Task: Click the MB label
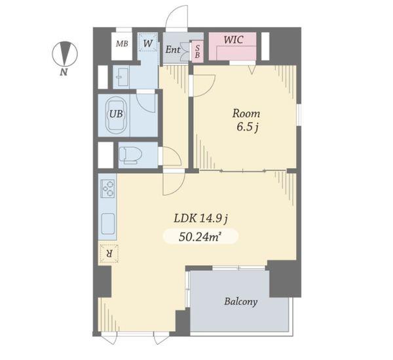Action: tap(122, 44)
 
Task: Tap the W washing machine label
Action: tap(148, 43)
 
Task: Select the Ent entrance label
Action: tap(173, 49)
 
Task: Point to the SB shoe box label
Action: tap(198, 51)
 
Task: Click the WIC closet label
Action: tap(233, 39)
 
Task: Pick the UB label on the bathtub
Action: tap(117, 114)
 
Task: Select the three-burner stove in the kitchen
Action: tap(108, 188)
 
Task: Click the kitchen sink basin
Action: tap(108, 223)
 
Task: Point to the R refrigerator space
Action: tap(109, 253)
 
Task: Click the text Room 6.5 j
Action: tap(246, 120)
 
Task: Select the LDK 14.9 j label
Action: tap(200, 218)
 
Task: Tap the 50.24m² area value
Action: tap(200, 237)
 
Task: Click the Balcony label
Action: tap(240, 301)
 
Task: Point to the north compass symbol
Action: tap(65, 54)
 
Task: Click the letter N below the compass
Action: tap(64, 72)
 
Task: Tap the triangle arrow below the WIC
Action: tap(252, 70)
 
